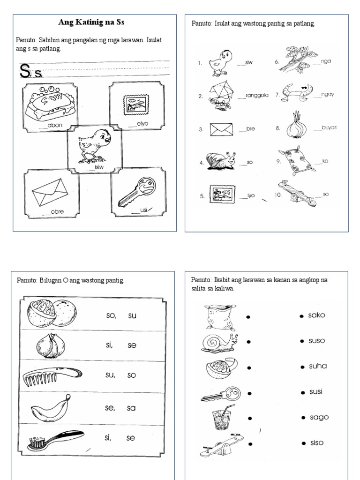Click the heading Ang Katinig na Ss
91,22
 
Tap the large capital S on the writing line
24,72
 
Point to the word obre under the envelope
57,211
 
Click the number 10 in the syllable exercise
278,195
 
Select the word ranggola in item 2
256,96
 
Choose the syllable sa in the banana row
131,408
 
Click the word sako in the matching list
316,315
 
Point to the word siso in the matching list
316,442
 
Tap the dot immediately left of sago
303,418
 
